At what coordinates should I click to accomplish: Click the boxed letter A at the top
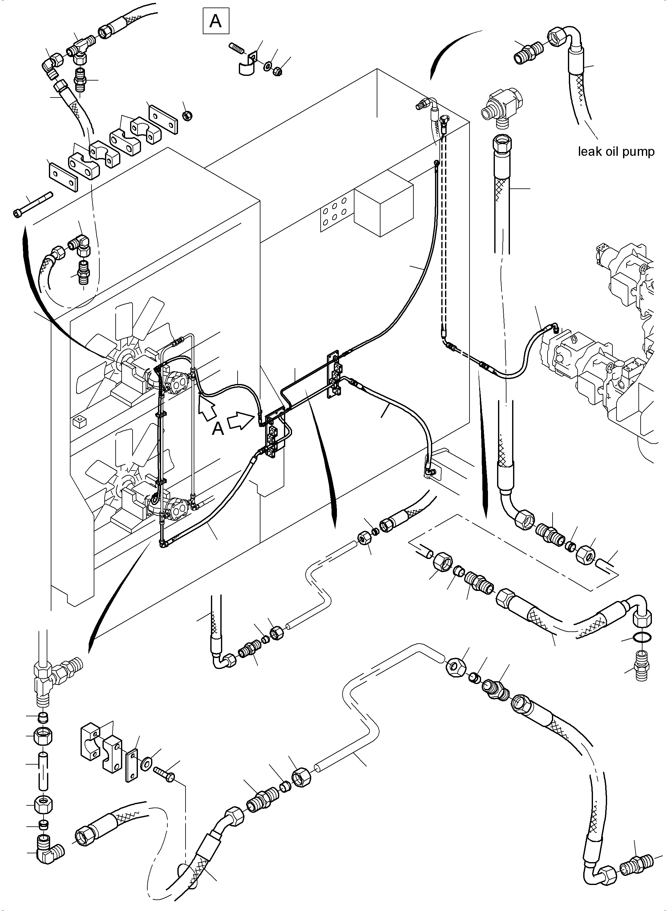(216, 21)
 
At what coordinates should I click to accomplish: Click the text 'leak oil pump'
(616, 152)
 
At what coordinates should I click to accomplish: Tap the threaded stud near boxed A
(237, 48)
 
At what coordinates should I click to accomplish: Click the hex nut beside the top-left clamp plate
(187, 116)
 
